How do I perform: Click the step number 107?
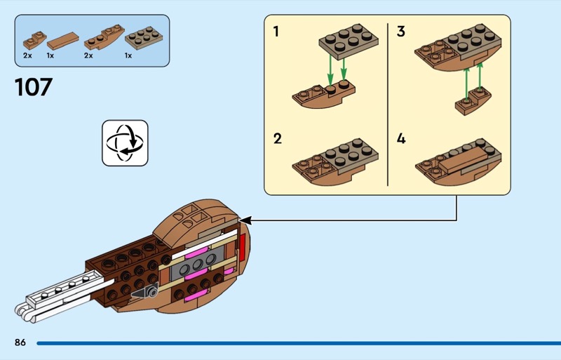click(34, 87)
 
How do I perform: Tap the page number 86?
click(20, 342)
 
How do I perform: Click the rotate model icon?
click(125, 143)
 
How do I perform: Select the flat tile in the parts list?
click(63, 41)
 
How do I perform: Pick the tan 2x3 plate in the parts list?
click(144, 38)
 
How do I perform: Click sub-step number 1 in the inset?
click(276, 32)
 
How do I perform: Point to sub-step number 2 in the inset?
click(277, 139)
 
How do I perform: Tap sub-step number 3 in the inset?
click(400, 32)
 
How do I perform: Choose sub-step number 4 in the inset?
click(401, 139)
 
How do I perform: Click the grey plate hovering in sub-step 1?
click(349, 41)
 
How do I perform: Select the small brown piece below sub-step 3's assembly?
click(473, 101)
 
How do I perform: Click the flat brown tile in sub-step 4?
click(464, 160)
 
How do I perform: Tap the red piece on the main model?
click(242, 247)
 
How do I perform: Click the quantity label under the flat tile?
click(50, 55)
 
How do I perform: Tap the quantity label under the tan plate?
click(128, 55)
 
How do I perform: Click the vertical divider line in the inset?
click(388, 105)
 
